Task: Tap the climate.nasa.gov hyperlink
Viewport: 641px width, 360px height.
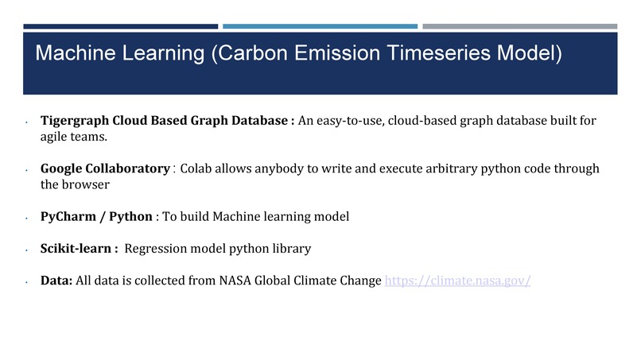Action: [x=457, y=281]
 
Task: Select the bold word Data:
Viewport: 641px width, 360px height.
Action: [x=56, y=281]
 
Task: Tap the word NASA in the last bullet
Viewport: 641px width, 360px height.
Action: [x=238, y=281]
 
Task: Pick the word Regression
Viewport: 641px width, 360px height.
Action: [x=157, y=249]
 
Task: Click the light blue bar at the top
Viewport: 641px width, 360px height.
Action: [x=320, y=26]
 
